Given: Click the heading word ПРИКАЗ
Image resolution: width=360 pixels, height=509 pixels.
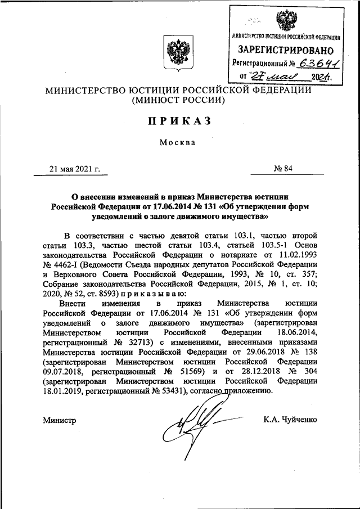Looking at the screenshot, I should (x=179, y=121).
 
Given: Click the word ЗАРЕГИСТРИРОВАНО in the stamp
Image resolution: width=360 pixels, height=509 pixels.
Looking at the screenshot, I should (x=287, y=51).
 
